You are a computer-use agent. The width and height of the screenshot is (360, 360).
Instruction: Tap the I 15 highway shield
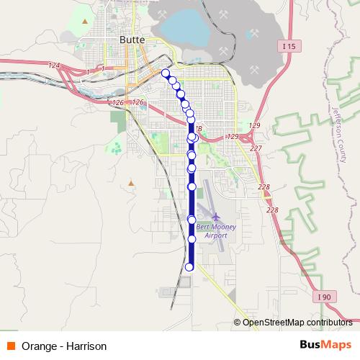tap(289, 46)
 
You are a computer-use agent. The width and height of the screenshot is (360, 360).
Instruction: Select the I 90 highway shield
tap(324, 296)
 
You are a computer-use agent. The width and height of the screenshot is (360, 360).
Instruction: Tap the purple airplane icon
tap(216, 216)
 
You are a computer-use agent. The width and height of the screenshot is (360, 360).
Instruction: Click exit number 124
tap(54, 66)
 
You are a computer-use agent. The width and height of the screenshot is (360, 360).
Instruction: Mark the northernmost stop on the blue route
tap(166, 73)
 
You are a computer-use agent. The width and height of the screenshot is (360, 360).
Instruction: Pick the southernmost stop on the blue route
tap(189, 267)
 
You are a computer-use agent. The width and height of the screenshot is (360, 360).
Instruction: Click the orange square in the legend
tap(11, 346)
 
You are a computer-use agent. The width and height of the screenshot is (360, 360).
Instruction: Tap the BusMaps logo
tap(325, 346)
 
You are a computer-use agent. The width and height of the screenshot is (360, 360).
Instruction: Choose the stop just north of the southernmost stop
tap(192, 238)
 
